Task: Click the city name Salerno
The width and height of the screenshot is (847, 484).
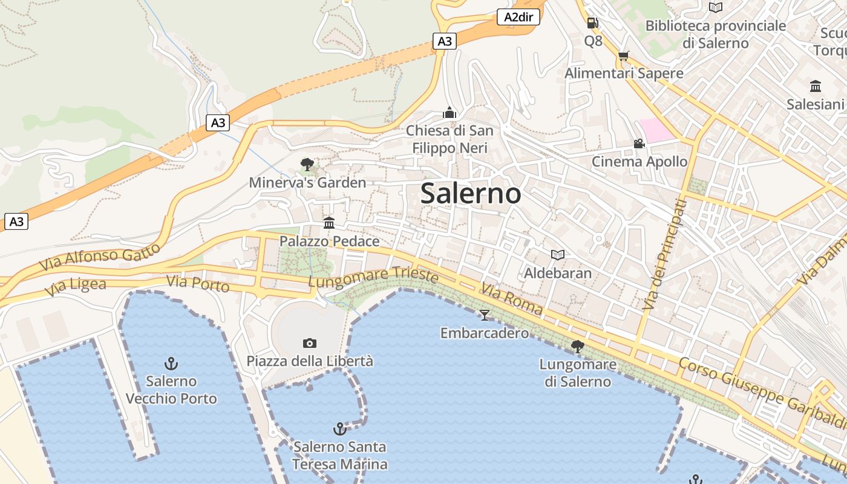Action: tap(471, 194)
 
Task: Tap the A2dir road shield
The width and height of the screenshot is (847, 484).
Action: tap(518, 17)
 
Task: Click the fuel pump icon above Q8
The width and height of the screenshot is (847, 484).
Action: tap(592, 23)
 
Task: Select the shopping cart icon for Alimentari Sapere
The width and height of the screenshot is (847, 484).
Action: tap(623, 56)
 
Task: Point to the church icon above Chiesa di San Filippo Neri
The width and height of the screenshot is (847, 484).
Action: tap(449, 113)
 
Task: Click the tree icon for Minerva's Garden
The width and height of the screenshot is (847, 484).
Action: tap(307, 164)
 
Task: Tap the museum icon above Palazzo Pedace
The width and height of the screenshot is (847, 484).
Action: tap(329, 223)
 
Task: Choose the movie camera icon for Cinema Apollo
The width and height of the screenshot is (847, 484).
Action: tap(639, 143)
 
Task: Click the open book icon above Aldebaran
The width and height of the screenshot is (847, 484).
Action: tap(557, 255)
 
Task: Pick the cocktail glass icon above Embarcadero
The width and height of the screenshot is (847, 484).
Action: tap(484, 315)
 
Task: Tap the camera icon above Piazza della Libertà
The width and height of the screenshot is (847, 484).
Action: tap(309, 343)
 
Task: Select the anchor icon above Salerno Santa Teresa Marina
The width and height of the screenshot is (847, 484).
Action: tap(339, 429)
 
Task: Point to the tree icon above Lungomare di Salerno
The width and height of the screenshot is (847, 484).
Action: tap(577, 346)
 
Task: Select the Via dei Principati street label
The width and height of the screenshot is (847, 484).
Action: tap(665, 254)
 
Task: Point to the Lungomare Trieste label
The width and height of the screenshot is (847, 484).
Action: tap(373, 278)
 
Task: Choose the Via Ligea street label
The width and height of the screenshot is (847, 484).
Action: tap(76, 287)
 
